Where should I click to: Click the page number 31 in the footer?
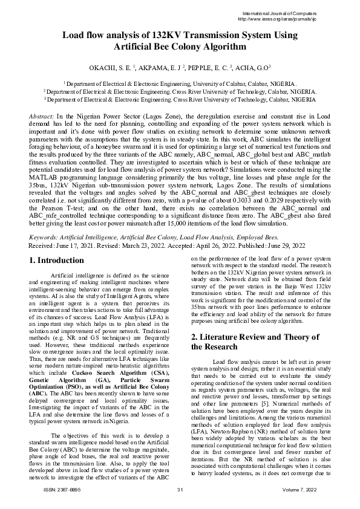(180, 488)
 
